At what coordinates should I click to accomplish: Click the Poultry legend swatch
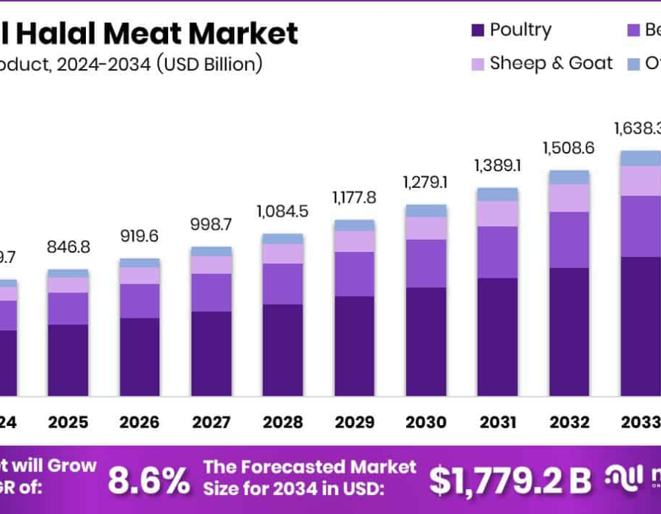click(x=477, y=31)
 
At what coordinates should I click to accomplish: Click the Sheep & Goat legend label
click(x=551, y=64)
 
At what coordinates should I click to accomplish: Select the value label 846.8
click(x=68, y=247)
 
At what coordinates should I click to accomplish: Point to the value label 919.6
click(x=140, y=236)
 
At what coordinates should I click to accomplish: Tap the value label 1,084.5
click(x=283, y=211)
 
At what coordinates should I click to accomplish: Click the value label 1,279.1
click(x=426, y=181)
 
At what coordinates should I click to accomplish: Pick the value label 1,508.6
click(x=569, y=148)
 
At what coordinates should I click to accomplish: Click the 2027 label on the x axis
click(x=211, y=423)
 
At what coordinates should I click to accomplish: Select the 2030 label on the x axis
click(x=426, y=423)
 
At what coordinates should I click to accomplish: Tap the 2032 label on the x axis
click(x=569, y=423)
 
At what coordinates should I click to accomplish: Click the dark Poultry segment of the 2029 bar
click(x=354, y=346)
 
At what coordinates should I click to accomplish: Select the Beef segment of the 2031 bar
click(x=497, y=252)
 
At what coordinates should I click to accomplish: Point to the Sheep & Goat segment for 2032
click(x=569, y=198)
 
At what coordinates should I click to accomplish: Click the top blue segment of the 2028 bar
click(x=283, y=239)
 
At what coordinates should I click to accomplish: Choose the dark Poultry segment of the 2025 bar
click(x=68, y=360)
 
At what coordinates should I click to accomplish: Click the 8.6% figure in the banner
click(x=148, y=481)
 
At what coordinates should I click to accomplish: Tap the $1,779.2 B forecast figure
click(x=510, y=481)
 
